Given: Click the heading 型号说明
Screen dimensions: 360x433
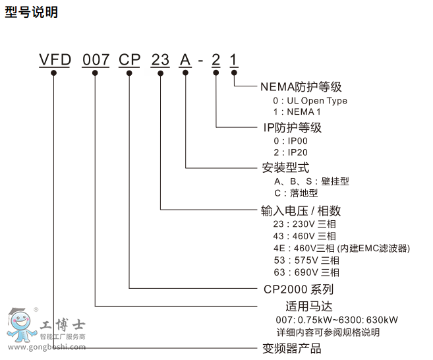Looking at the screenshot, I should tap(32, 13).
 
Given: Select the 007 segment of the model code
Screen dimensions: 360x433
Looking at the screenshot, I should tap(96, 61).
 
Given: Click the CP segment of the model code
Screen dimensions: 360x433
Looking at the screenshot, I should tap(130, 61).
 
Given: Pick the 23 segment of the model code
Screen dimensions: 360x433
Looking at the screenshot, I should tap(161, 61).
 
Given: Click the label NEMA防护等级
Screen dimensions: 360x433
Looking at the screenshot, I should tap(301, 87).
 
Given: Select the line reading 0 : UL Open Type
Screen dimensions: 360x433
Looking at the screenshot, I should tap(310, 101).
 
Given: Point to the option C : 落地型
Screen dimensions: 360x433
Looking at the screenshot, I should tap(295, 193).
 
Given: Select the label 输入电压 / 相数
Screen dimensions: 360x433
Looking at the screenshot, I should tap(301, 211).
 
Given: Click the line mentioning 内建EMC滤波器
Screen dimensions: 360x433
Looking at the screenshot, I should tap(341, 248).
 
